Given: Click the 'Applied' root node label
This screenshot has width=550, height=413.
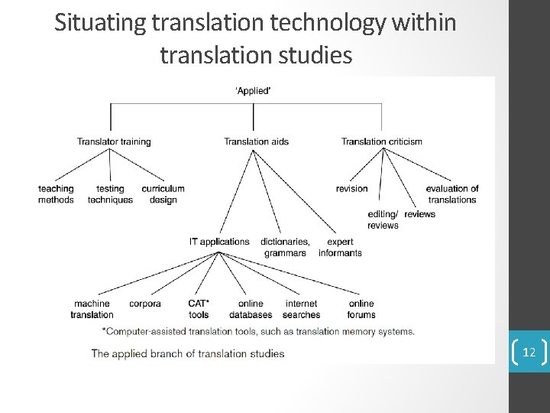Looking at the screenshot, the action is click(253, 91).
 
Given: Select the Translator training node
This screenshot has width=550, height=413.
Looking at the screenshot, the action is click(114, 141).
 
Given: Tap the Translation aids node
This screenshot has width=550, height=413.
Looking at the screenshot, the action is click(256, 141).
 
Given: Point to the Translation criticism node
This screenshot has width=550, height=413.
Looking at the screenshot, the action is click(381, 141).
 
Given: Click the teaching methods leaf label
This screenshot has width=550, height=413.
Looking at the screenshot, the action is click(56, 194).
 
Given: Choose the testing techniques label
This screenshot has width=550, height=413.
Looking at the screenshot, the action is click(110, 194).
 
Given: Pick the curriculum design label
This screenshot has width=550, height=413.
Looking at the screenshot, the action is click(163, 194).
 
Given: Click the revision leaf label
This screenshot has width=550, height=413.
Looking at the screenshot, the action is click(351, 189).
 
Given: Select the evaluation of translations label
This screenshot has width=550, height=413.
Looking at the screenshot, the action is click(451, 194).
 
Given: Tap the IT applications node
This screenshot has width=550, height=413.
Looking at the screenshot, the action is click(219, 242).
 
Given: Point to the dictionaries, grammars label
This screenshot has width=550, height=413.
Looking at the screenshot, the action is click(285, 247).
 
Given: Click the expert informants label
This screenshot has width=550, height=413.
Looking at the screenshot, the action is click(340, 247).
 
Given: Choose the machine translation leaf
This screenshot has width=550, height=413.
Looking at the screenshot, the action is click(92, 309).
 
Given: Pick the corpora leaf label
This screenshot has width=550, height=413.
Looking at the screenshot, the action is click(145, 304).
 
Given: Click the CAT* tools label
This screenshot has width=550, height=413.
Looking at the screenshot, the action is click(199, 309).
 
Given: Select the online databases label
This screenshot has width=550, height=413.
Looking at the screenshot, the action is click(251, 309).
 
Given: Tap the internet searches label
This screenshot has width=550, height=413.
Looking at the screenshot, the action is click(301, 309).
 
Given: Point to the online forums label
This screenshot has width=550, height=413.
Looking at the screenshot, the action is click(361, 309).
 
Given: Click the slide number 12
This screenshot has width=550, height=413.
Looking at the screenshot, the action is click(529, 353).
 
